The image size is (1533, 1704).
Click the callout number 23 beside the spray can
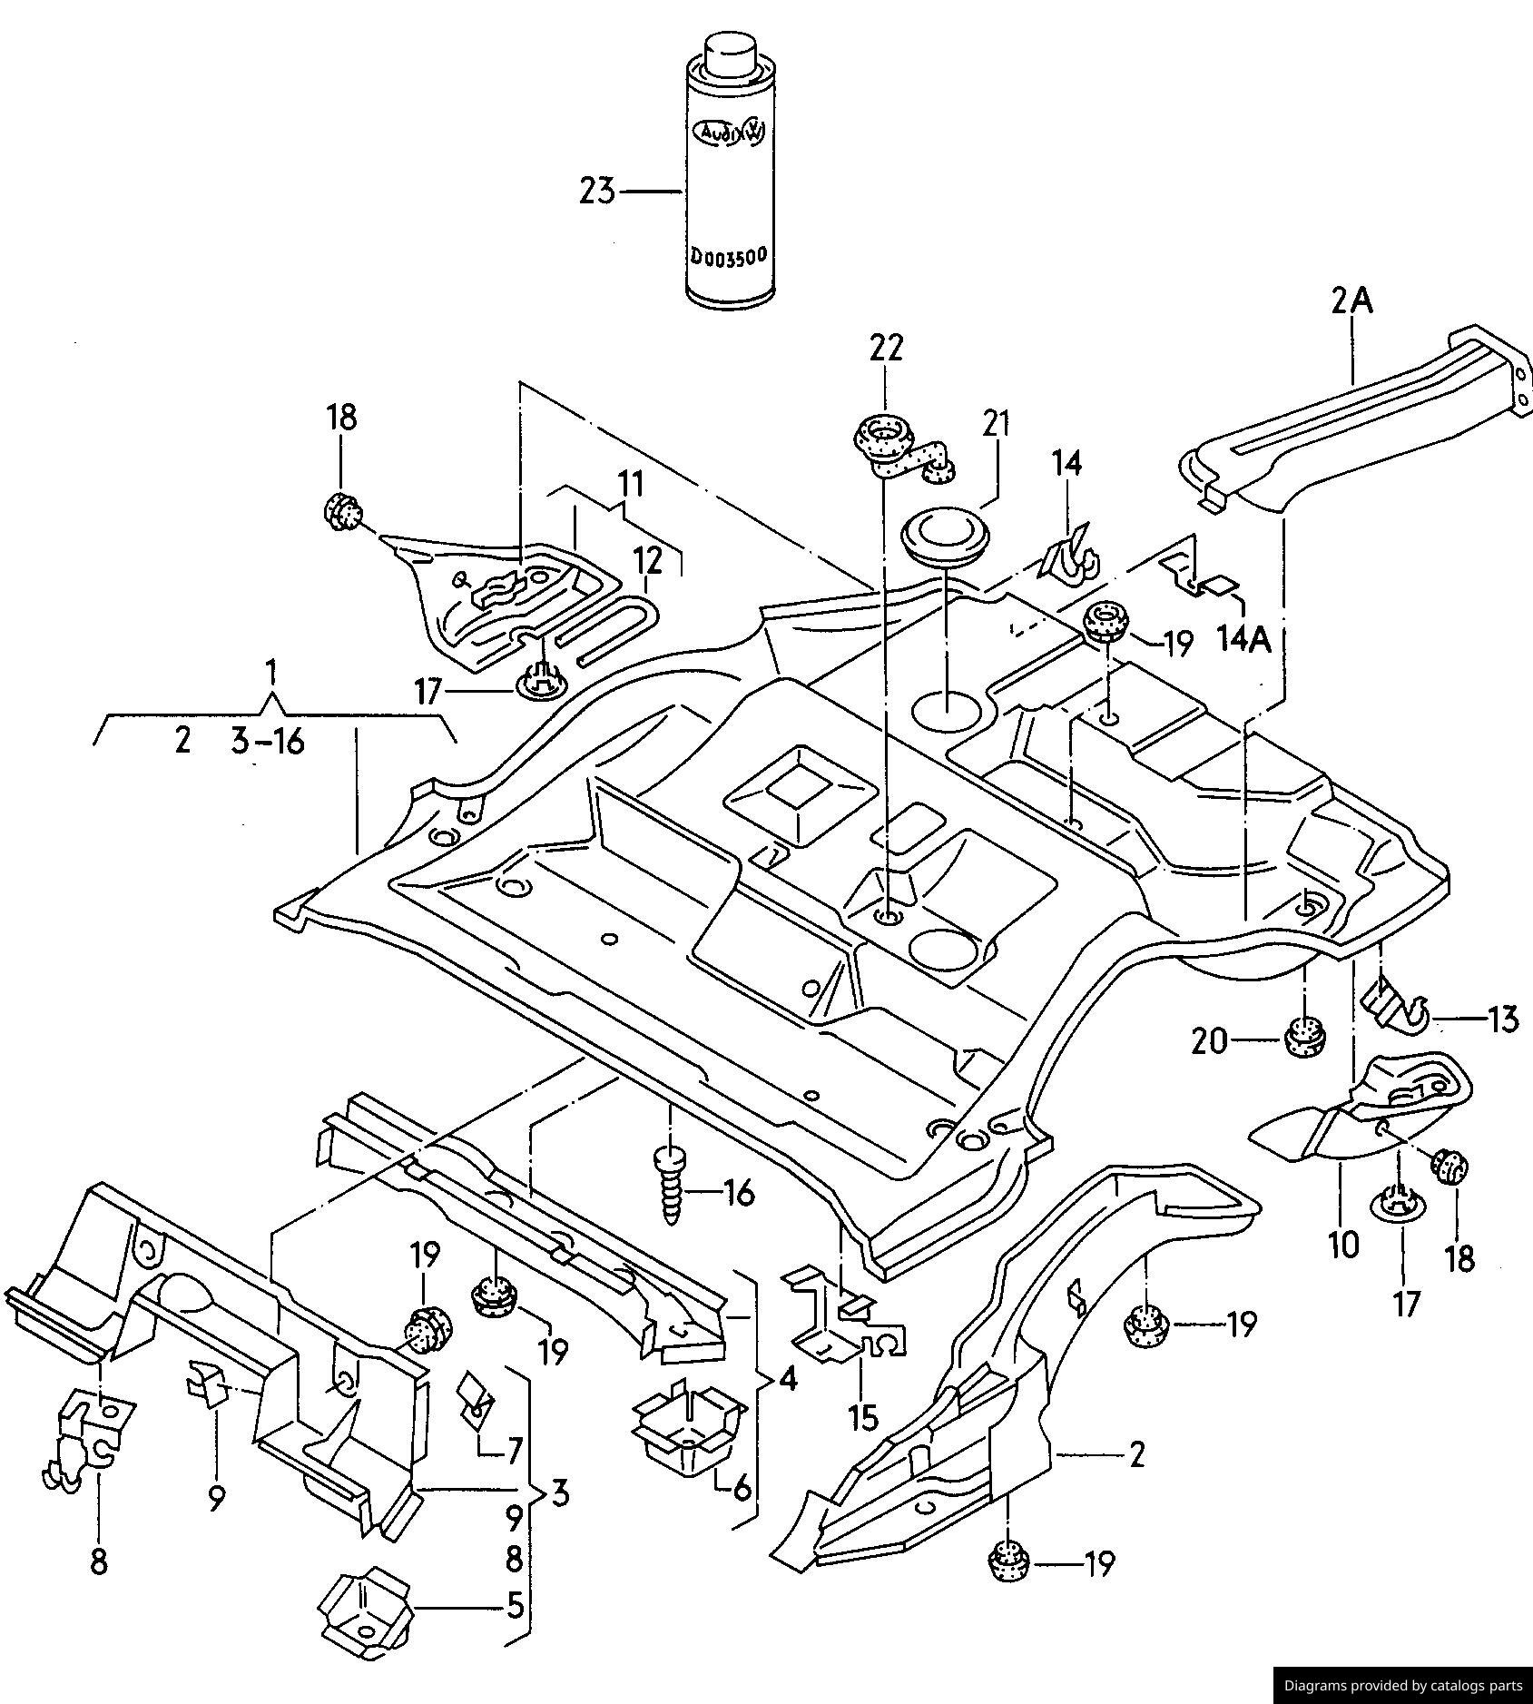point(597,192)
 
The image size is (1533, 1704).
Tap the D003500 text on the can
point(729,256)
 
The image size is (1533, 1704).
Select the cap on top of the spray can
point(730,54)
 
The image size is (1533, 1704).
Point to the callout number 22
point(886,348)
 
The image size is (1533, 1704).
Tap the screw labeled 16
point(670,1186)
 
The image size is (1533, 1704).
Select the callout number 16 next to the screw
point(740,1193)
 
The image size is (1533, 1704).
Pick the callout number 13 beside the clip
point(1503,1019)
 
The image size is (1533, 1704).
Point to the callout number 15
point(864,1416)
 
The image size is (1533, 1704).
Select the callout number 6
point(741,1489)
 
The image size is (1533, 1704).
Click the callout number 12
point(648,561)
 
